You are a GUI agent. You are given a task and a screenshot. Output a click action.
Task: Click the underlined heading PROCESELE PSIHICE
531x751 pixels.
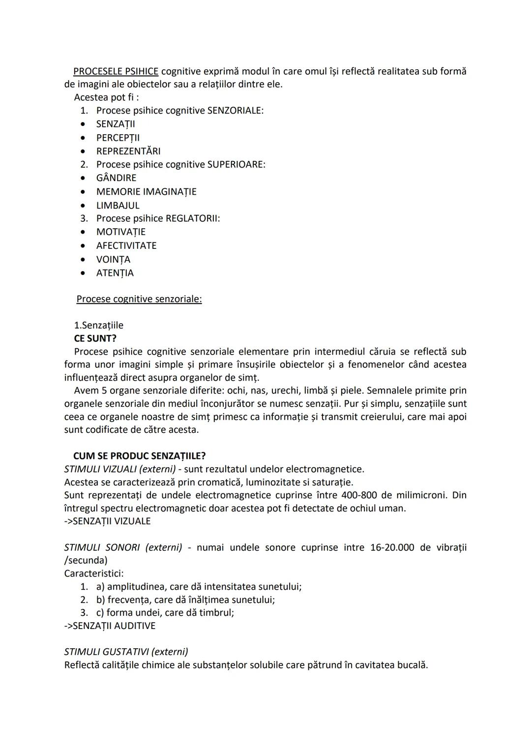[x=116, y=71]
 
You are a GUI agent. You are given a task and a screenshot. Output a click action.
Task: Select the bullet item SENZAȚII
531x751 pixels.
[x=116, y=124]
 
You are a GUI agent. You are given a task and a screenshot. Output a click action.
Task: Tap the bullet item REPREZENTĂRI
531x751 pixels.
[x=128, y=151]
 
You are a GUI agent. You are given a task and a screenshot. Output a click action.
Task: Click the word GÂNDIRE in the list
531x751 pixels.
[x=116, y=178]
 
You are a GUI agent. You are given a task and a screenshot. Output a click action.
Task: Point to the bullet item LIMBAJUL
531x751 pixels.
[x=118, y=205]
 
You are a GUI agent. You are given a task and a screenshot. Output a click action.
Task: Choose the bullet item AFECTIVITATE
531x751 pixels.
[x=126, y=245]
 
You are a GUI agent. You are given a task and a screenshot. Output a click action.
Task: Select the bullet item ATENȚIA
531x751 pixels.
[x=115, y=272]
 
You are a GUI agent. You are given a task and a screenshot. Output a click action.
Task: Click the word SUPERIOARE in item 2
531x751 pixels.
[x=236, y=164]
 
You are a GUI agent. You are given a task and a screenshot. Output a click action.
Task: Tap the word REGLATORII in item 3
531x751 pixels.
[x=192, y=218]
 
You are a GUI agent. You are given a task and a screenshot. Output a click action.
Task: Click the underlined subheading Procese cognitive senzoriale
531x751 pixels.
[x=139, y=299]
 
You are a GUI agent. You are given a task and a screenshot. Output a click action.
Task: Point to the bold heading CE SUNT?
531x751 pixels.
[x=95, y=338]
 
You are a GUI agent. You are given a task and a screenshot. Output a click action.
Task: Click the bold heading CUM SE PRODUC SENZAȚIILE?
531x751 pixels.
[x=139, y=456]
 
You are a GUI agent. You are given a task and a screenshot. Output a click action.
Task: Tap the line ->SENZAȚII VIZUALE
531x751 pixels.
[x=107, y=521]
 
